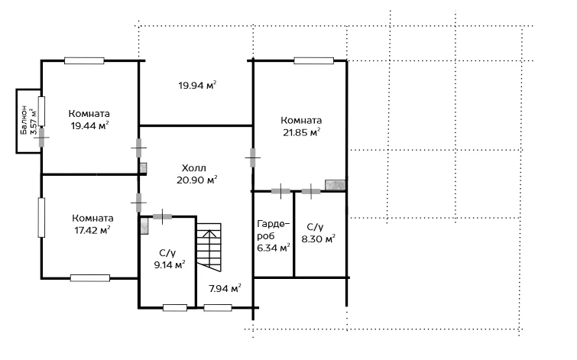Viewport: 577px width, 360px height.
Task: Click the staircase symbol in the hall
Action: [209, 247]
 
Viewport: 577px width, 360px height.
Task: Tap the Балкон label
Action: [24, 120]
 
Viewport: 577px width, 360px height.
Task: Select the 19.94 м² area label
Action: [197, 86]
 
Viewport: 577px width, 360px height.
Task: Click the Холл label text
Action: [194, 168]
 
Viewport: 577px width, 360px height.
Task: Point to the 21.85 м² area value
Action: [301, 132]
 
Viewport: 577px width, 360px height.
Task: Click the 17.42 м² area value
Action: [92, 230]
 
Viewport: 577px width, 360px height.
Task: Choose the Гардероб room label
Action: [274, 230]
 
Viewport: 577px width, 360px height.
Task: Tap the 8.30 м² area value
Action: [319, 239]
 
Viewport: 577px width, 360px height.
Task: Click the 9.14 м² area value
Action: [169, 264]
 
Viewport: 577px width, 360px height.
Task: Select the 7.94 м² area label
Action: [225, 288]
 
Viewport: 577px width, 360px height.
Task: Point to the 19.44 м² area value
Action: [89, 126]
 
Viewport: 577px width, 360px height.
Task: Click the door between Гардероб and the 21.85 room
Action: [280, 191]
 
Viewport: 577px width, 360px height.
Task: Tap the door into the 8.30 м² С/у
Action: [311, 191]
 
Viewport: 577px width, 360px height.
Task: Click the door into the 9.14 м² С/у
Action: [162, 216]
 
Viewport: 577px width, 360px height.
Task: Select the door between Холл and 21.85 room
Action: [253, 157]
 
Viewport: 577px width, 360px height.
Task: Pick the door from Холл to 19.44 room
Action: [139, 148]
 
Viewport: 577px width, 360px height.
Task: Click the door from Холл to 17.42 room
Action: [139, 203]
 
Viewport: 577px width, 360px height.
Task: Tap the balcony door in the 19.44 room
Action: [41, 138]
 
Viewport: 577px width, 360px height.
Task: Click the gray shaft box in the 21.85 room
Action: [336, 185]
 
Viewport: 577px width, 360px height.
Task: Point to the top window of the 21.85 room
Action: [313, 60]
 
